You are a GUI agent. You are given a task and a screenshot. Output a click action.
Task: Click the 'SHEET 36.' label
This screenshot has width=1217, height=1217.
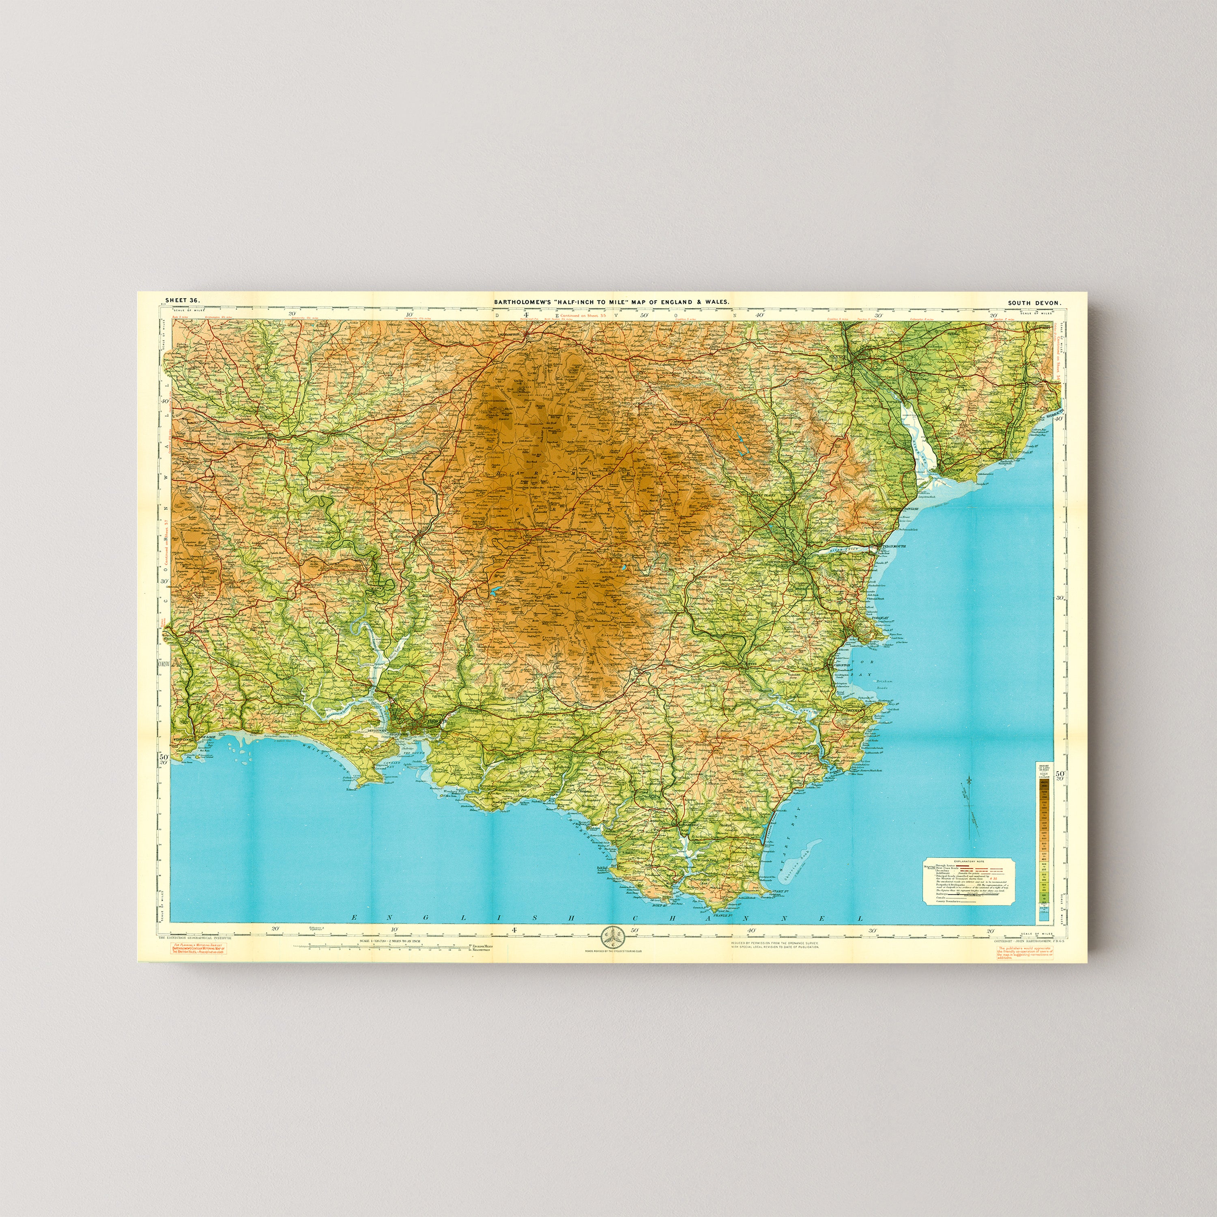pos(182,301)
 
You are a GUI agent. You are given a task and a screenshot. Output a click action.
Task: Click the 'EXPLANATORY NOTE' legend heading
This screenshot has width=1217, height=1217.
pos(969,860)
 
